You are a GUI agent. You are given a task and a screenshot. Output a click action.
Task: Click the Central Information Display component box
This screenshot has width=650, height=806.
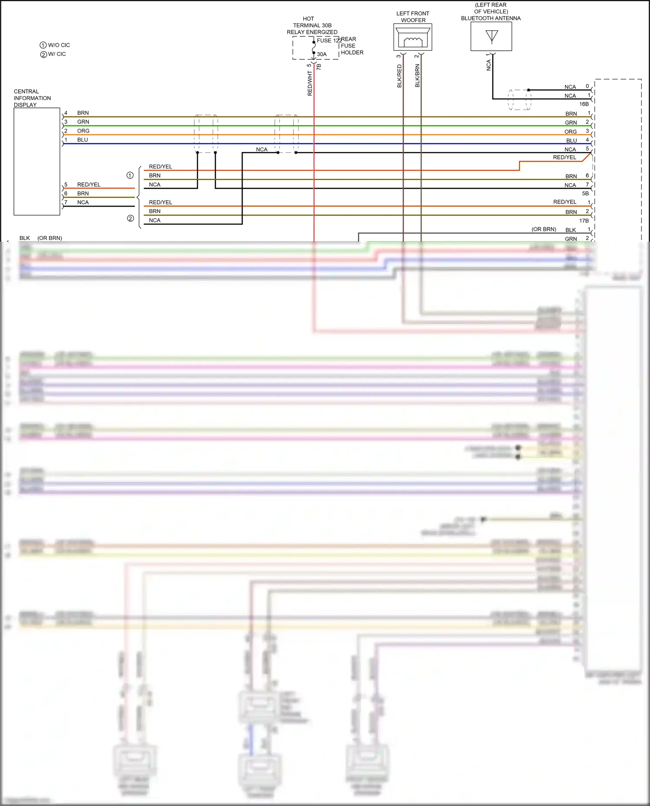[37, 161]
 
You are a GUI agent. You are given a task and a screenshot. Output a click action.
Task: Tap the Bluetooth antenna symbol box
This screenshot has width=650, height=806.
[491, 36]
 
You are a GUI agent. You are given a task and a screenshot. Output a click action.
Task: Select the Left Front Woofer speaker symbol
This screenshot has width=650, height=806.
[413, 38]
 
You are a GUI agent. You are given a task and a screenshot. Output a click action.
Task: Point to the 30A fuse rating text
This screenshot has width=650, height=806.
[322, 54]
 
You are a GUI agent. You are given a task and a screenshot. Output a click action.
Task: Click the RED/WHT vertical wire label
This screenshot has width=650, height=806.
[310, 84]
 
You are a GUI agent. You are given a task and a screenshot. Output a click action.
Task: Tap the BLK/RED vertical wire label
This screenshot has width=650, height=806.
[400, 76]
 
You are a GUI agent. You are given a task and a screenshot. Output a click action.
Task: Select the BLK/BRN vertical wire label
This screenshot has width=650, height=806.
[417, 76]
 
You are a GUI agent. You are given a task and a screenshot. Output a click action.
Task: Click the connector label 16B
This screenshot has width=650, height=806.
[584, 104]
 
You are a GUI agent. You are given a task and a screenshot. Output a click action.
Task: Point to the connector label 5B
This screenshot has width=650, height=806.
[585, 194]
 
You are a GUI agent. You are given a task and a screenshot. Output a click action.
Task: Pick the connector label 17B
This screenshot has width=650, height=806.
[584, 221]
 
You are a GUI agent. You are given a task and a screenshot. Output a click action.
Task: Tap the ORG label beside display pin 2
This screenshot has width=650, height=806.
[83, 131]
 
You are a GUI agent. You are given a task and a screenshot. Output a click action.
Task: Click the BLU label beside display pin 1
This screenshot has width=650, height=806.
[82, 140]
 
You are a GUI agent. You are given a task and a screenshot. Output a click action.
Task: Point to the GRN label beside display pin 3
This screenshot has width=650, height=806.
[83, 122]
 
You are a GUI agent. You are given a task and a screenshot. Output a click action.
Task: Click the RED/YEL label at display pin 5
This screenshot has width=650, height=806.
[88, 185]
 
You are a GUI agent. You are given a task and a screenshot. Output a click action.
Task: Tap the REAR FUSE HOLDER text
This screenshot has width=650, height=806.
[352, 45]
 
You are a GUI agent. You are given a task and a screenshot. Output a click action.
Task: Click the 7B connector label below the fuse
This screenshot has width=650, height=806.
[319, 67]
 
